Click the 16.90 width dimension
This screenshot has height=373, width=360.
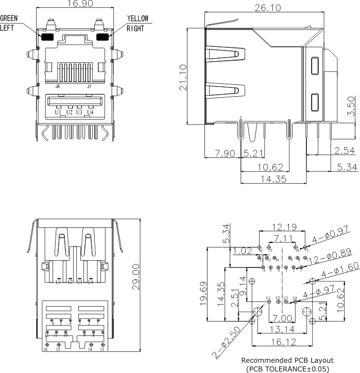pyautogui.click(x=75, y=5)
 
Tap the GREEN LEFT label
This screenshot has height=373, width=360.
pyautogui.click(x=9, y=23)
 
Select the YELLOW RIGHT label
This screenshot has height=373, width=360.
pyautogui.click(x=138, y=23)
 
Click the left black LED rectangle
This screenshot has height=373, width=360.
pyautogui.click(x=47, y=37)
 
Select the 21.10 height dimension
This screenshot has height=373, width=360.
pyautogui.click(x=183, y=77)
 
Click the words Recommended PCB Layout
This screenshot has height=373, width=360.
pyautogui.click(x=287, y=360)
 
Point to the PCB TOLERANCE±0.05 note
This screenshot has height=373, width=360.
pyautogui.click(x=287, y=368)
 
